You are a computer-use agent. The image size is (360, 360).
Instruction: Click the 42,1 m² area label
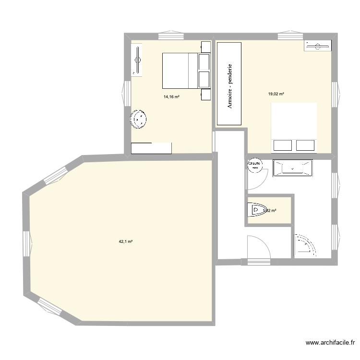pos(125,242)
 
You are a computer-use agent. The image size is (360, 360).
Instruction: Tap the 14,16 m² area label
pos(171,96)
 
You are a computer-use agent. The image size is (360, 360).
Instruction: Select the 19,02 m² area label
pos(276,94)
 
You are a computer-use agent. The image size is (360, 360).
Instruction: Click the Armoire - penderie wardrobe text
pos(230,85)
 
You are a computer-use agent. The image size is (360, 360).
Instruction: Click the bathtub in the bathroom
pos(292,168)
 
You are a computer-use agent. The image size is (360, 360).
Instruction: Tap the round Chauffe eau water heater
pos(254,166)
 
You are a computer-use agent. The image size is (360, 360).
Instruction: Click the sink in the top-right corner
pos(317,46)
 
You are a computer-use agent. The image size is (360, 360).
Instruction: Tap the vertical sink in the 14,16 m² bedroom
pos(137,60)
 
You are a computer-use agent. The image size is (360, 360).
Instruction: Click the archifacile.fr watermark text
pos(329,343)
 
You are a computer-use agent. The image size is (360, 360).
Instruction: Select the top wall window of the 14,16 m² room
pos(171,36)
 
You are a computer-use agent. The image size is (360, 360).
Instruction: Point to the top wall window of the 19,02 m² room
pos(290,36)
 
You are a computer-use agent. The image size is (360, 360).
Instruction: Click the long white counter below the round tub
pos(151,148)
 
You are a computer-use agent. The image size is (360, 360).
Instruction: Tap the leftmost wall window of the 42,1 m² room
pos(26,242)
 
